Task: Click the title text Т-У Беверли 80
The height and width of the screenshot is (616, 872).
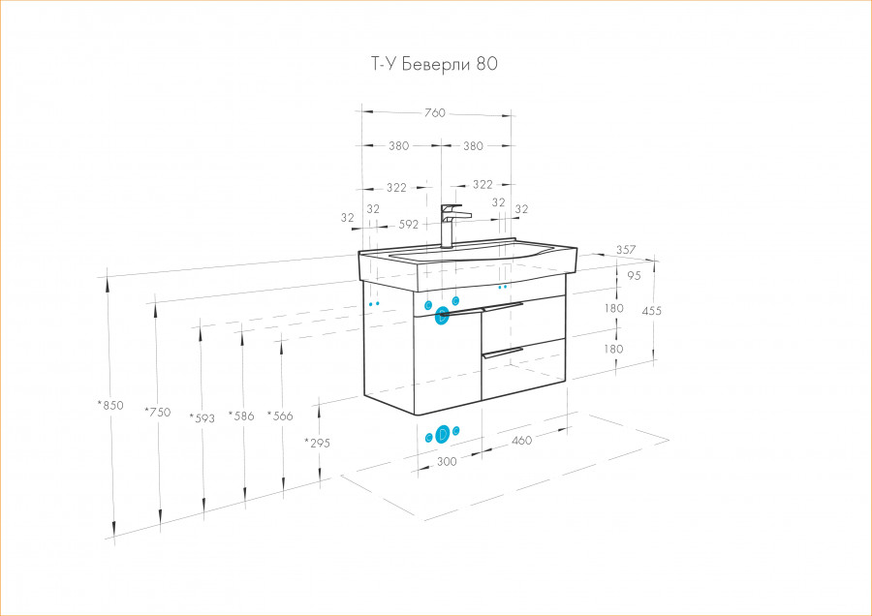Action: tap(434, 64)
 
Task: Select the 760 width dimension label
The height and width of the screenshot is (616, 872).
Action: tap(435, 113)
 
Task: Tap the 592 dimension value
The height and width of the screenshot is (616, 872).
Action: tap(409, 225)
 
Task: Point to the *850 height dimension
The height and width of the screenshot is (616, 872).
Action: tap(110, 405)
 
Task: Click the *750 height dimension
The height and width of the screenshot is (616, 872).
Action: tap(157, 412)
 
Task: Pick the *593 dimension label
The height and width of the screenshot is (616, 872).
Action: tap(202, 417)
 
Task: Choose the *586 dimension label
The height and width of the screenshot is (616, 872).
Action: tap(241, 416)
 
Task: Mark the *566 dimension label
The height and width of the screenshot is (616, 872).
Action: tap(280, 416)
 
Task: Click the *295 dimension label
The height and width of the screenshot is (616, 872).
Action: tap(317, 443)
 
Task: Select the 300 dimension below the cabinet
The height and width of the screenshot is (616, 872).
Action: tap(447, 461)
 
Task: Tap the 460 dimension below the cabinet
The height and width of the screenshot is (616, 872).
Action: tap(521, 441)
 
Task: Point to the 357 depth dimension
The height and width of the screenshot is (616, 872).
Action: tap(626, 250)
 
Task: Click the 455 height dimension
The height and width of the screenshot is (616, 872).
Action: tap(652, 311)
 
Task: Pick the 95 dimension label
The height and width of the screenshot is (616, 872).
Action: tap(634, 275)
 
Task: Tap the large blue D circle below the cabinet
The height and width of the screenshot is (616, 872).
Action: tap(443, 434)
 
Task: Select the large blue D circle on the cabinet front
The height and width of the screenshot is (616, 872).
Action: tap(442, 316)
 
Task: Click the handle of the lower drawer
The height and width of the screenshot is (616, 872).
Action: tap(503, 352)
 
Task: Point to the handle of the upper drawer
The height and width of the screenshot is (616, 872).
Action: tap(503, 306)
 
